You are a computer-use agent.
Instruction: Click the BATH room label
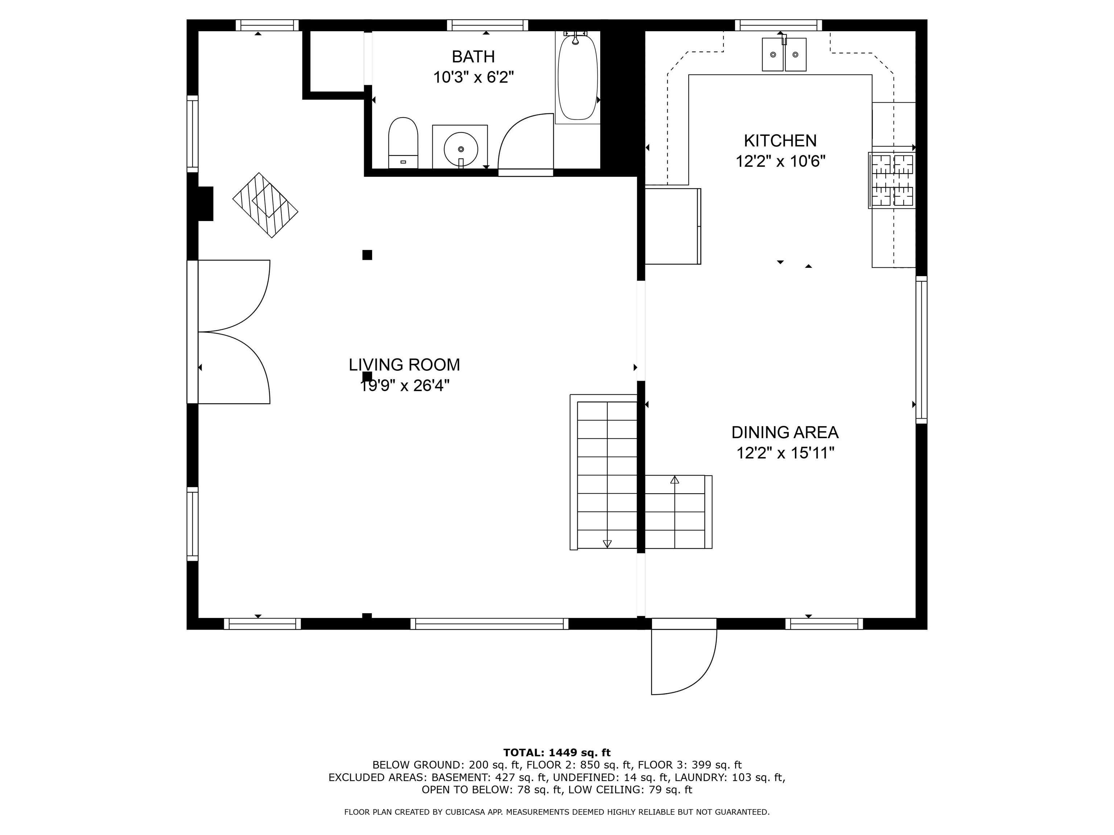point(473,57)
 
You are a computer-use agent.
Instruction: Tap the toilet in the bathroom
point(403,142)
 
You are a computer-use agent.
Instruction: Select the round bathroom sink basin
point(461,149)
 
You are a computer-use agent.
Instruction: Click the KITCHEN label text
point(780,140)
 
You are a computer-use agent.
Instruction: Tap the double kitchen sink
point(784,54)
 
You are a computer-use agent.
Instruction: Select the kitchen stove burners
point(892,180)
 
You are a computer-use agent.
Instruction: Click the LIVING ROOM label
point(404,364)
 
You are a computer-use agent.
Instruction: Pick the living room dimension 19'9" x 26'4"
point(404,386)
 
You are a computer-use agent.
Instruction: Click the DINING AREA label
point(785,432)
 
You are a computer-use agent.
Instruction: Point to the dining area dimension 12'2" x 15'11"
point(785,453)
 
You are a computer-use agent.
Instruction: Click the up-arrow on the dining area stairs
point(675,480)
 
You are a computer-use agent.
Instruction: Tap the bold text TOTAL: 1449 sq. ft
point(557,752)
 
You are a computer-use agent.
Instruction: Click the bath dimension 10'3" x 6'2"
point(473,78)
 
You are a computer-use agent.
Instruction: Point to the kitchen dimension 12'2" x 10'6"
point(781,162)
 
